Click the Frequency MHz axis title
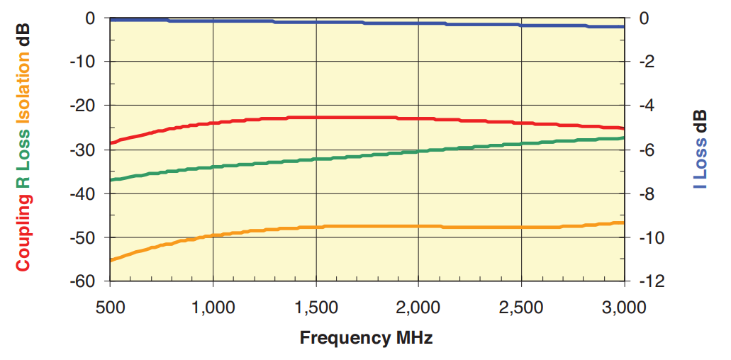point(366,337)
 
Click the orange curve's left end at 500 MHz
point(111,260)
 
